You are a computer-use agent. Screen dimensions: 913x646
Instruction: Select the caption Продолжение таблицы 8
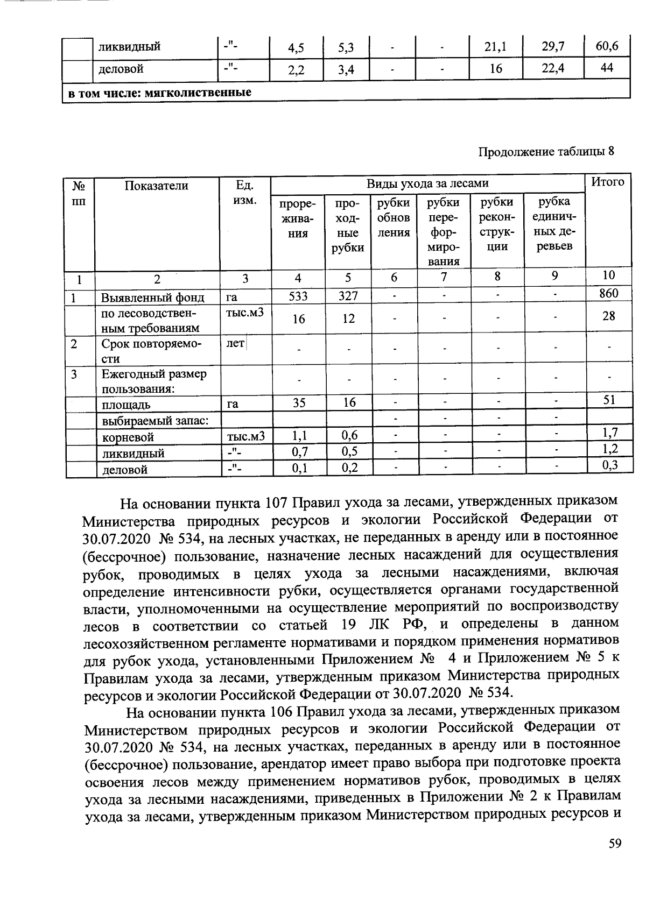546,151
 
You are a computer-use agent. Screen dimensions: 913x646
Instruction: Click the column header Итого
608,182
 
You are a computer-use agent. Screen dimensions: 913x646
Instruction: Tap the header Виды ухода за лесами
427,183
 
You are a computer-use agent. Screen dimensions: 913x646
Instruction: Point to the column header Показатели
157,186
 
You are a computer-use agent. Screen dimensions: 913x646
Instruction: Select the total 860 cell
608,293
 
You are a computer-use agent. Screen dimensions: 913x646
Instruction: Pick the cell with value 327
348,296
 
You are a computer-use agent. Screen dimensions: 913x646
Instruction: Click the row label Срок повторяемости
151,351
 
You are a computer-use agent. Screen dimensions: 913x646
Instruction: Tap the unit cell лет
235,343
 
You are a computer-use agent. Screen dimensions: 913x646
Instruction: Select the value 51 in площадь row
609,400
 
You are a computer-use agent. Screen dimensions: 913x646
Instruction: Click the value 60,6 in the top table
607,46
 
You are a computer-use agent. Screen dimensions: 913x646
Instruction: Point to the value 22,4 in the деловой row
553,68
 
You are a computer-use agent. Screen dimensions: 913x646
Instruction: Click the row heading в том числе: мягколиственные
159,93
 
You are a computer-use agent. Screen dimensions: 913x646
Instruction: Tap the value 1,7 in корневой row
609,433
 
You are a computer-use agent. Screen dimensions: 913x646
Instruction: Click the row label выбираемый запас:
155,420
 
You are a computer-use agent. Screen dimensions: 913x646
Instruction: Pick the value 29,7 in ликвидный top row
553,47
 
